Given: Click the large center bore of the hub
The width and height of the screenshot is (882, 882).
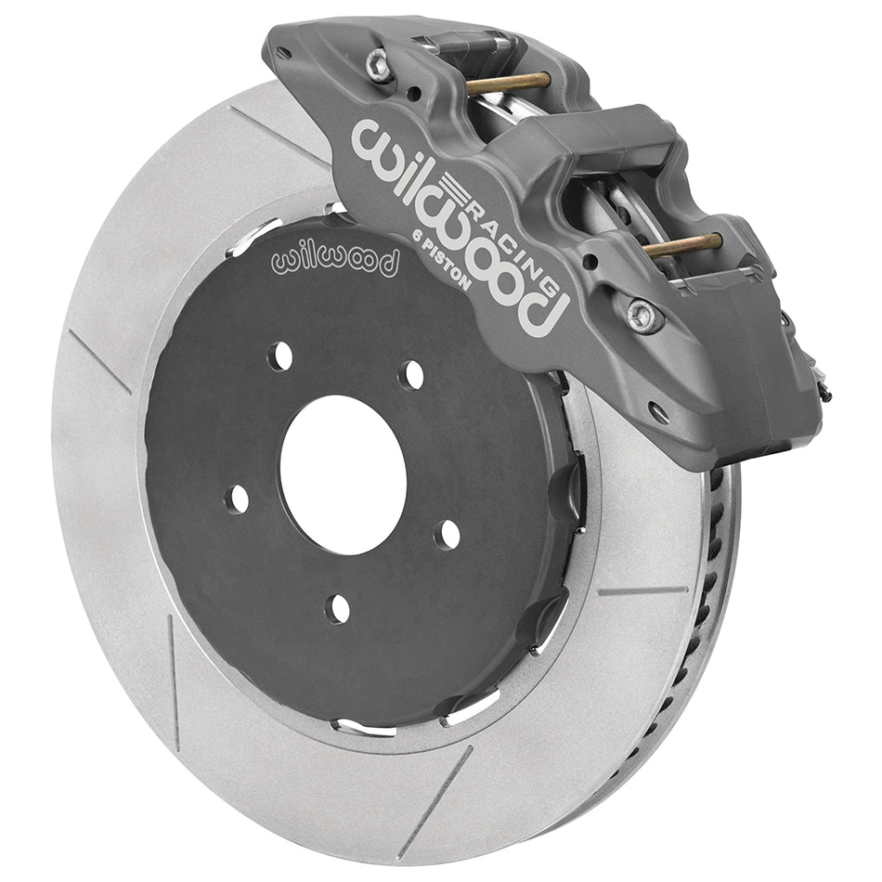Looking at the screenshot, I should coord(343,474).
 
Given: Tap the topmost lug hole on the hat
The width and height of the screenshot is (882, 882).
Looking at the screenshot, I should coord(412,374).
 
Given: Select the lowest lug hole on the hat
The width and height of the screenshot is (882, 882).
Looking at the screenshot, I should coord(338,609).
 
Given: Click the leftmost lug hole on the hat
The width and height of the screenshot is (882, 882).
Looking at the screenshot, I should coord(238,499).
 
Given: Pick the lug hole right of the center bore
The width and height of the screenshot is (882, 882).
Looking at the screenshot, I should coord(449,534).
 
